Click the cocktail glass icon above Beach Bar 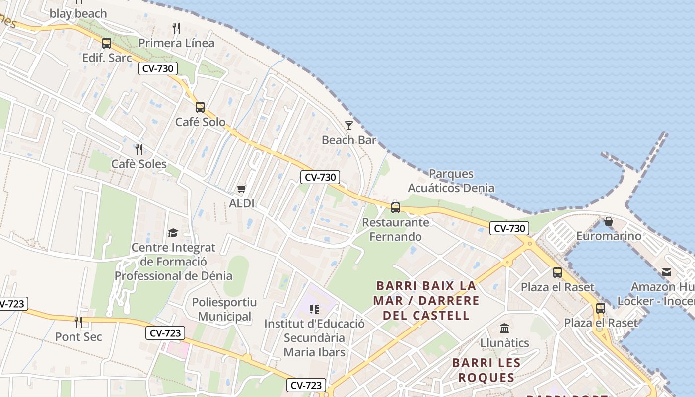tap(349, 125)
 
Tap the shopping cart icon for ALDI tap(242, 189)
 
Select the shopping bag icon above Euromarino tap(609, 221)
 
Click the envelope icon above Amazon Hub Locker tap(666, 272)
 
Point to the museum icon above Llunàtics tap(504, 328)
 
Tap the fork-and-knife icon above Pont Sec tap(78, 322)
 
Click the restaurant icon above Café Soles tap(139, 149)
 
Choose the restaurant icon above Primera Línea tap(176, 28)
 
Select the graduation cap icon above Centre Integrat tap(173, 233)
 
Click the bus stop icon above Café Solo tap(200, 107)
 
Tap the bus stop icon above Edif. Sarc tap(107, 43)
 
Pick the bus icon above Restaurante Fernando tap(396, 207)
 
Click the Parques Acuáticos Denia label tap(451, 181)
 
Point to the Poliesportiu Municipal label tap(224, 309)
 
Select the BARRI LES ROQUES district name tap(486, 370)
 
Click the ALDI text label tap(242, 203)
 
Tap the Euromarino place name tap(609, 236)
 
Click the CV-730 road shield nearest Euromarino tap(509, 228)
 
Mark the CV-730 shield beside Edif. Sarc tap(158, 68)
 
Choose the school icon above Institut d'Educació tap(314, 309)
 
